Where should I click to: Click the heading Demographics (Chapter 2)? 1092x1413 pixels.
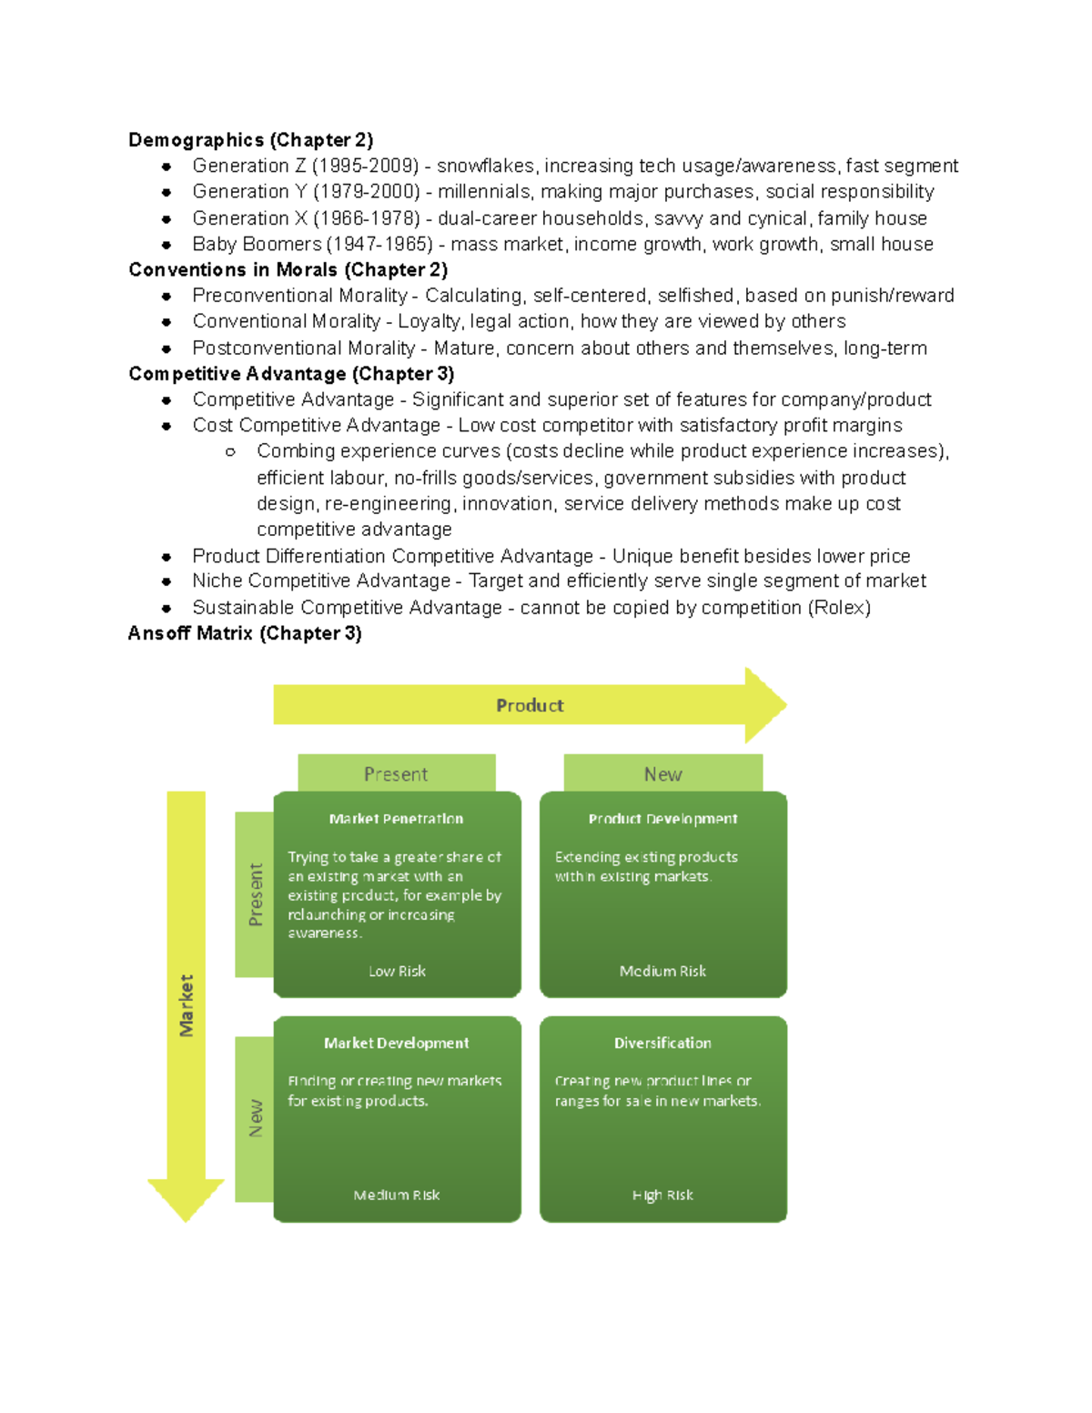click(x=250, y=140)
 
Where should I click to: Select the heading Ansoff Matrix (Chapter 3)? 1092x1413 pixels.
click(x=245, y=633)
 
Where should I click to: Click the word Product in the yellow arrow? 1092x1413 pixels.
click(x=530, y=705)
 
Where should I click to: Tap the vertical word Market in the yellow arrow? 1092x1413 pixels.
click(x=187, y=1005)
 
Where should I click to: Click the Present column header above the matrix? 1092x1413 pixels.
click(x=396, y=774)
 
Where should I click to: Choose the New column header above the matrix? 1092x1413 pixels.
click(x=662, y=774)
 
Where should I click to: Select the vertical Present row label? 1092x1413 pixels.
click(x=256, y=894)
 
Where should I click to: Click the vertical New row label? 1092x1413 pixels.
click(x=256, y=1118)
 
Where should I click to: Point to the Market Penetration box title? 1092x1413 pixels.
click(x=396, y=819)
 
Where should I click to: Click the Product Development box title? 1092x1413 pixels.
click(x=662, y=819)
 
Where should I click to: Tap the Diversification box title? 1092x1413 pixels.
click(x=662, y=1043)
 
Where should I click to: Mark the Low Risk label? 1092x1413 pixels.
click(x=397, y=971)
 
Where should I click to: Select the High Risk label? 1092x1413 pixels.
click(x=662, y=1195)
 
